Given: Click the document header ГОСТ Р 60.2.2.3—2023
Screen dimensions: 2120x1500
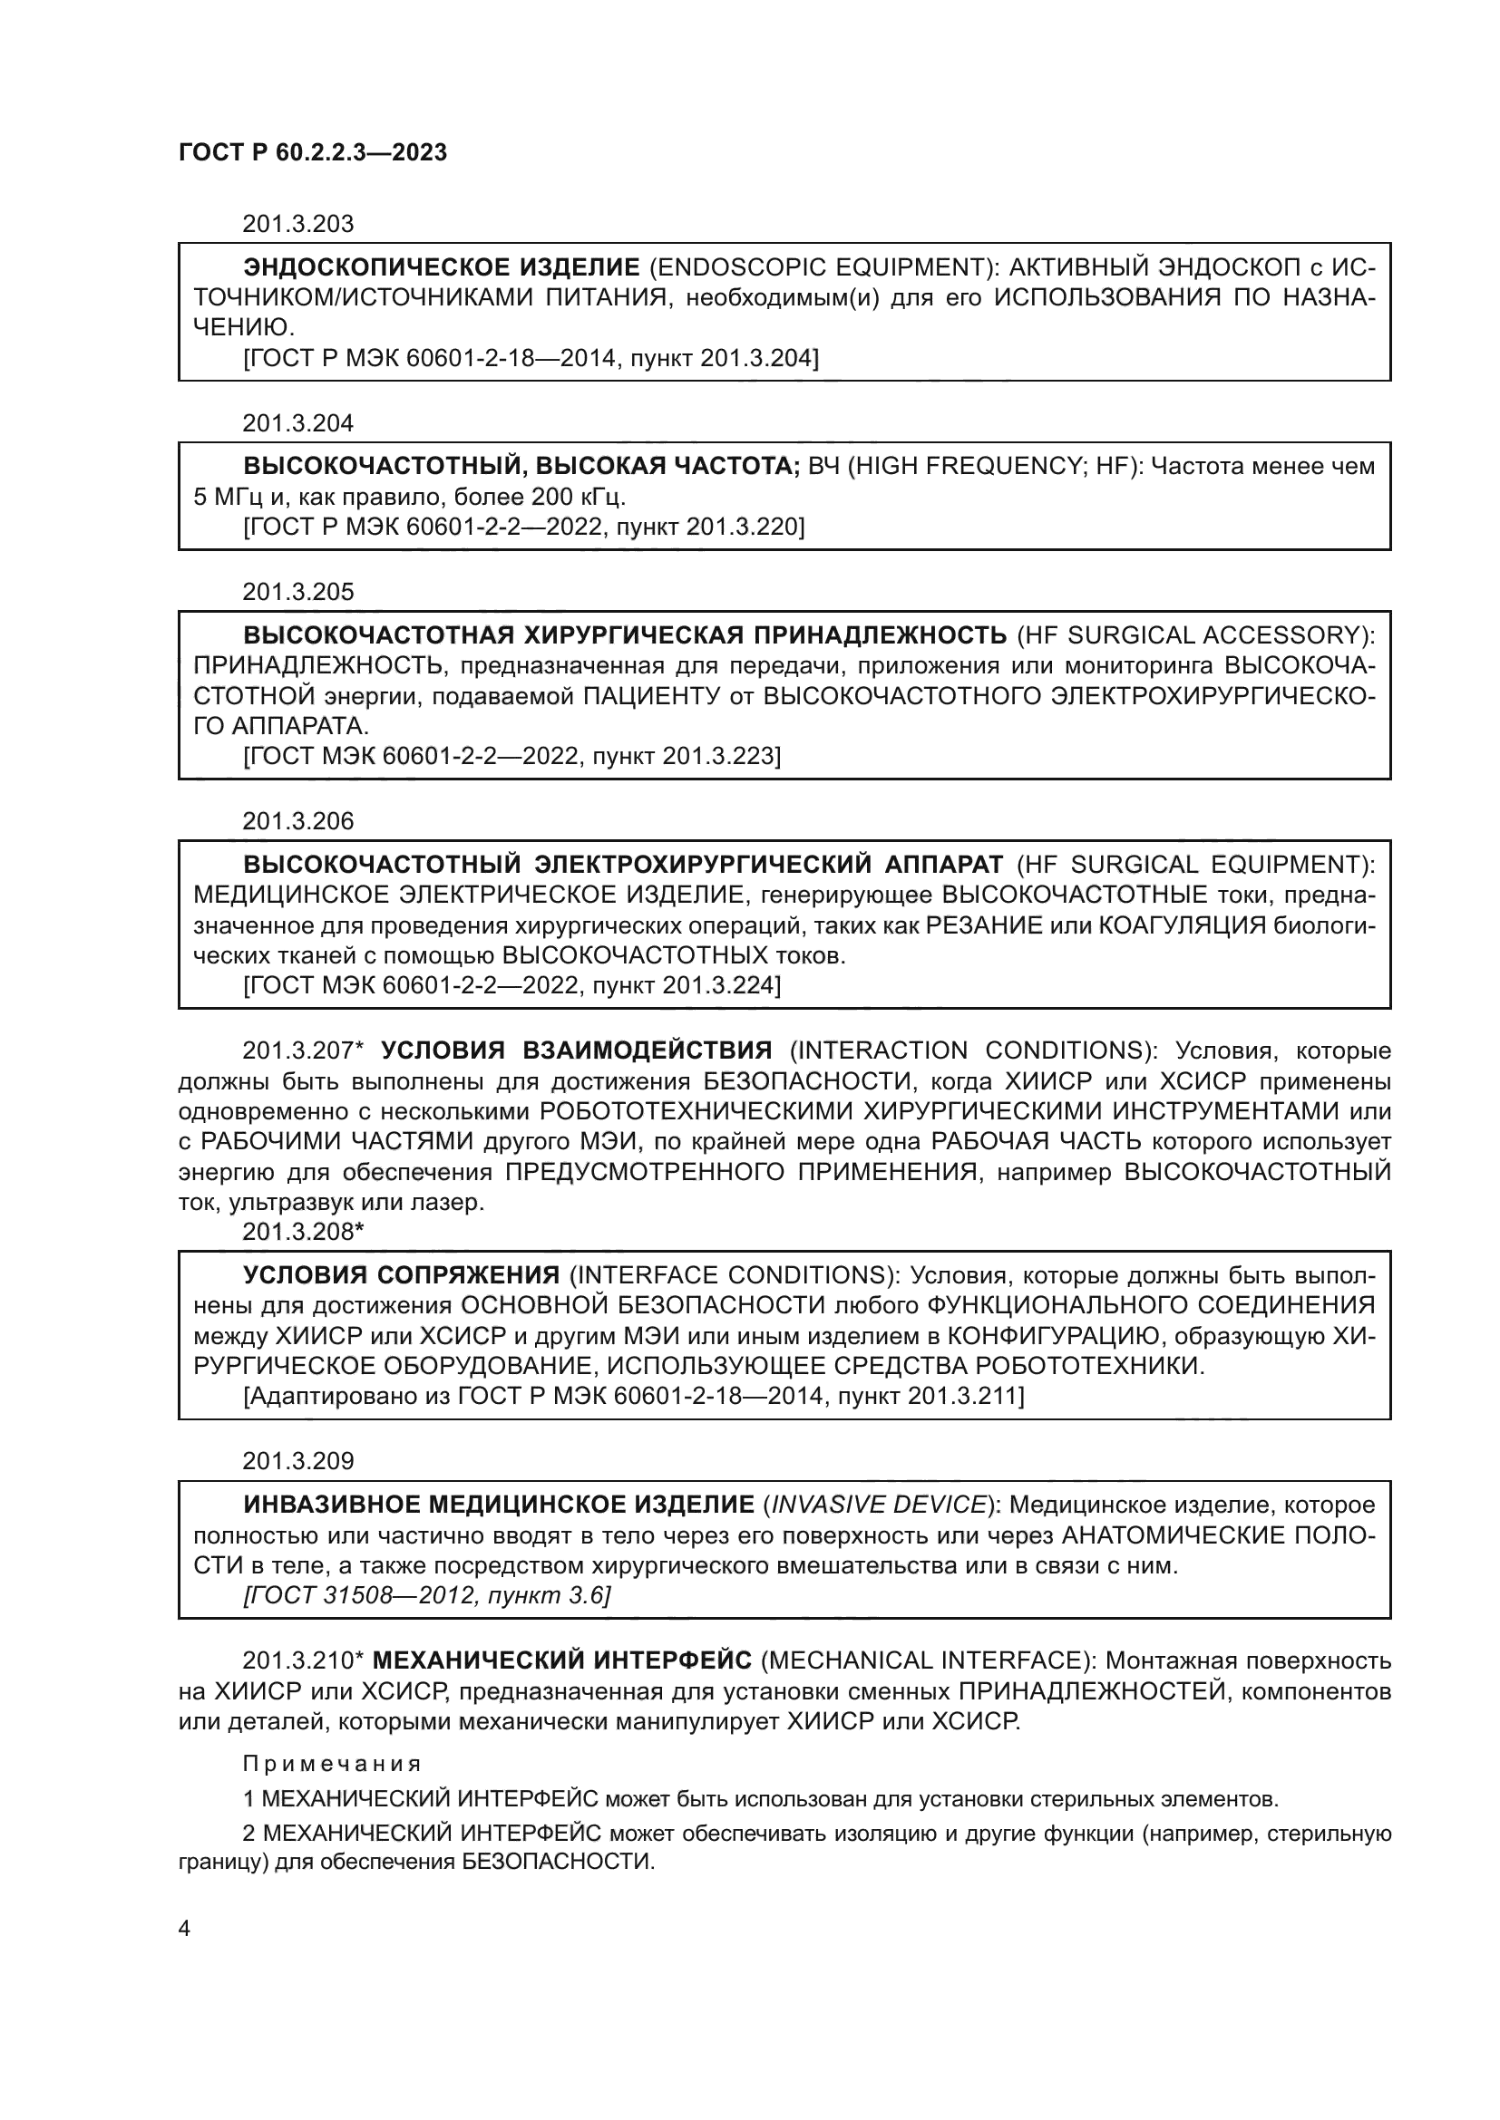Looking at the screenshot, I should (312, 152).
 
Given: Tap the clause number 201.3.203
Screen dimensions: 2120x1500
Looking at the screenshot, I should (297, 225).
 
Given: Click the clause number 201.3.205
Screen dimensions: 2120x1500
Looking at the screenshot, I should (297, 592).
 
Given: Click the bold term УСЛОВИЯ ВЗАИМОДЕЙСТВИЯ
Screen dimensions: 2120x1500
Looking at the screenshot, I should (577, 1050).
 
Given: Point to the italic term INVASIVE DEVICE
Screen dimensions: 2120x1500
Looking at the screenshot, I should (878, 1505).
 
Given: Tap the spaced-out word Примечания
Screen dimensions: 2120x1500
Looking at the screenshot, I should (332, 1764).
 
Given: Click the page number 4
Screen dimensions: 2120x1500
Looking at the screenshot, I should (184, 1929).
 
